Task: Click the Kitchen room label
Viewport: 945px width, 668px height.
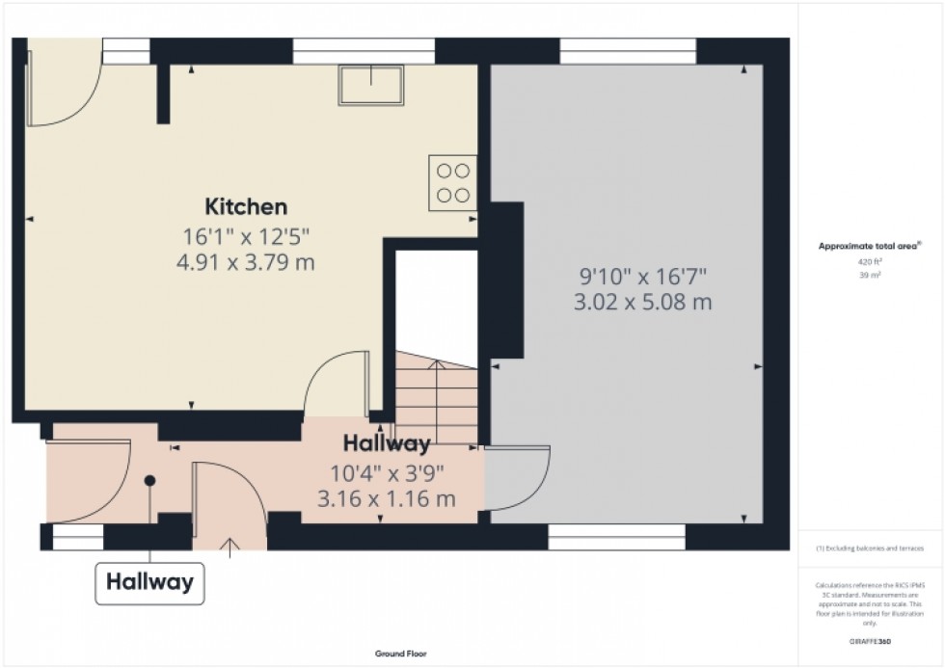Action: click(245, 206)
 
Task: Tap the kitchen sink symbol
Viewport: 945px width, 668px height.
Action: click(370, 86)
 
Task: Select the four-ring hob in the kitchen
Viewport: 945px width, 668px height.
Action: click(453, 182)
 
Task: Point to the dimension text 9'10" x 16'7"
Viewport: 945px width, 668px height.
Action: click(643, 277)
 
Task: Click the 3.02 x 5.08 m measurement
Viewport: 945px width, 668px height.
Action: click(643, 302)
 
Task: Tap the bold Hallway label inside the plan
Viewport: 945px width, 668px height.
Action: click(387, 444)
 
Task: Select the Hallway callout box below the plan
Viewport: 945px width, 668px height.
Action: click(149, 582)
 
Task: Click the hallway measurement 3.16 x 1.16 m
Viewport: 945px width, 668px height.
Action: click(386, 498)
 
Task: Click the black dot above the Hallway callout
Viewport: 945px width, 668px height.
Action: click(149, 480)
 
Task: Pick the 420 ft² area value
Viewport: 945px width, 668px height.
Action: click(870, 261)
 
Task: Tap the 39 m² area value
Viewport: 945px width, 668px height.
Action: click(870, 275)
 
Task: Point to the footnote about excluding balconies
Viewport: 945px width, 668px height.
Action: click(870, 548)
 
